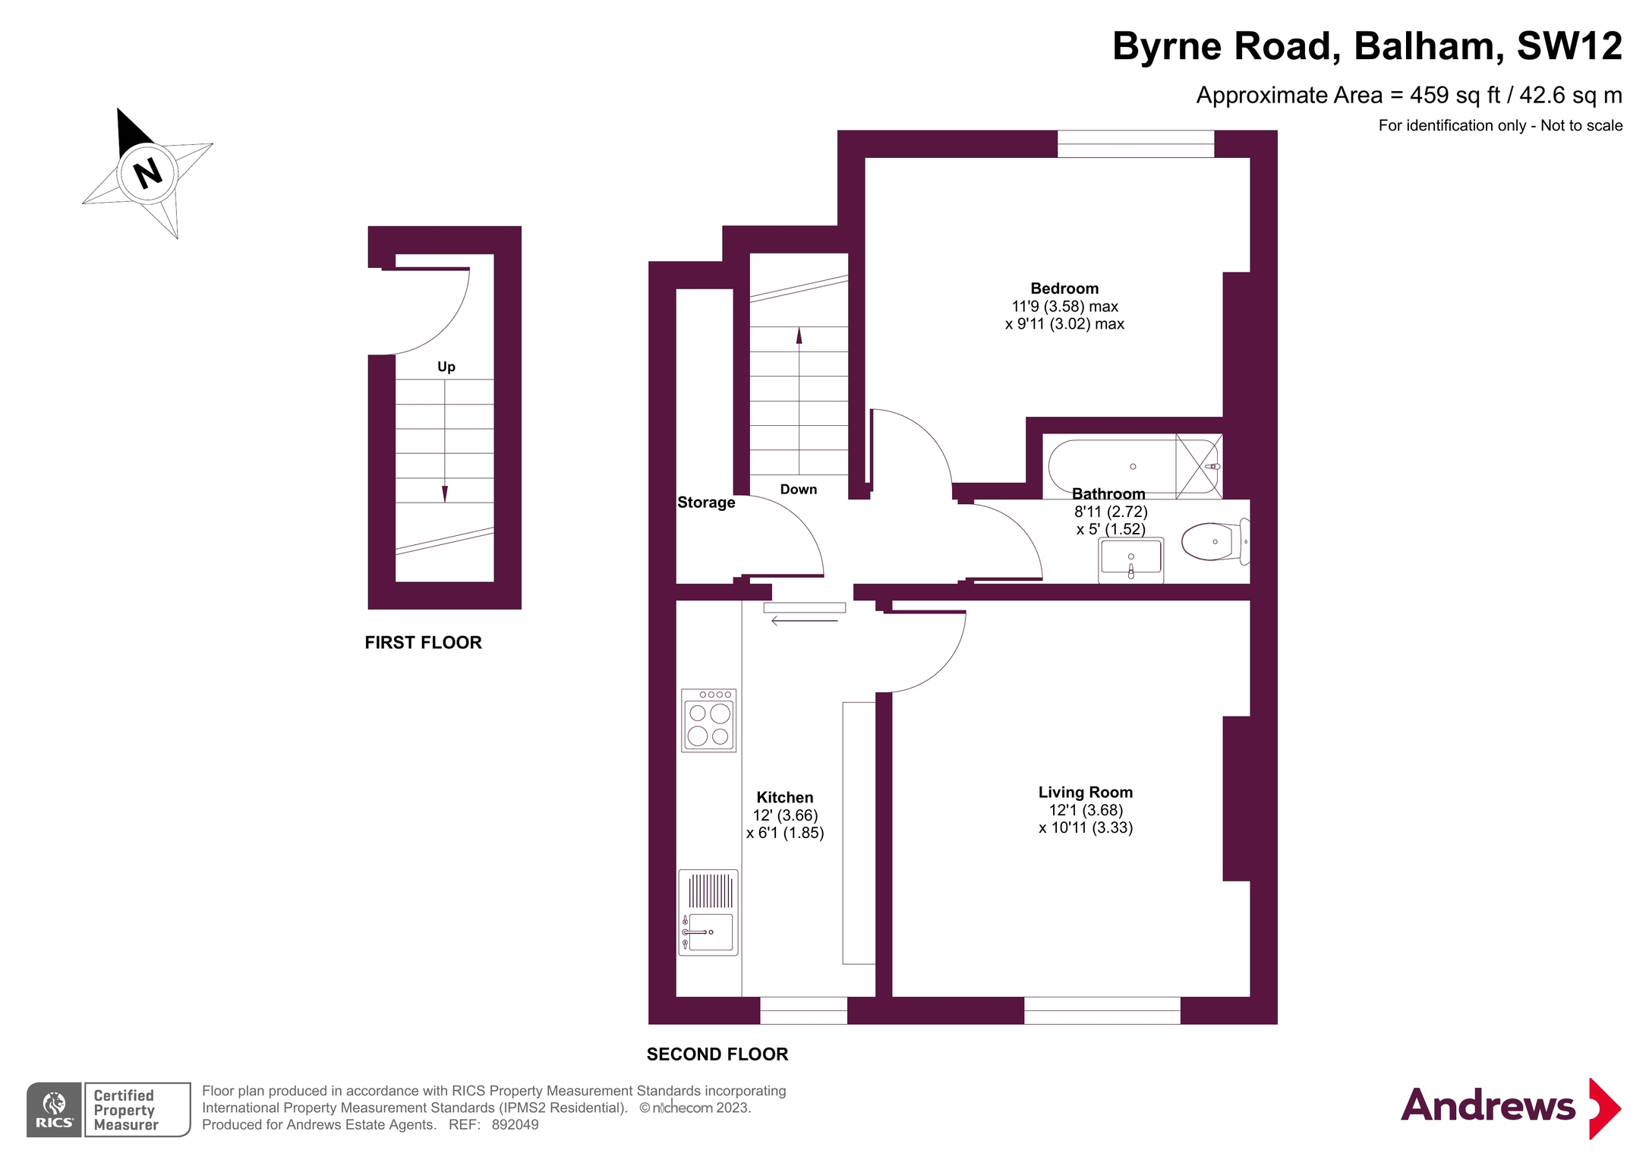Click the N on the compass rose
(x=147, y=173)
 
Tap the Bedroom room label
(x=1064, y=288)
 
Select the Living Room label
(x=1085, y=793)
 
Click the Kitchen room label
(x=784, y=798)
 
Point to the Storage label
(x=706, y=503)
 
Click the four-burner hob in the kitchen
(x=708, y=720)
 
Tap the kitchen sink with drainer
(x=708, y=912)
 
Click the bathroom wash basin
(x=1130, y=560)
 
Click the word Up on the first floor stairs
(x=446, y=367)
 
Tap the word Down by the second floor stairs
(x=799, y=490)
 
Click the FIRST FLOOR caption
(x=423, y=643)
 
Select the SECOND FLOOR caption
(x=717, y=1054)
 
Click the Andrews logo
(x=1510, y=1107)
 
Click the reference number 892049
(x=515, y=1125)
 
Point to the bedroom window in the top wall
(x=1136, y=144)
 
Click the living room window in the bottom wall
(x=1102, y=1010)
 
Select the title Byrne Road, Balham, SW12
(x=1367, y=46)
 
